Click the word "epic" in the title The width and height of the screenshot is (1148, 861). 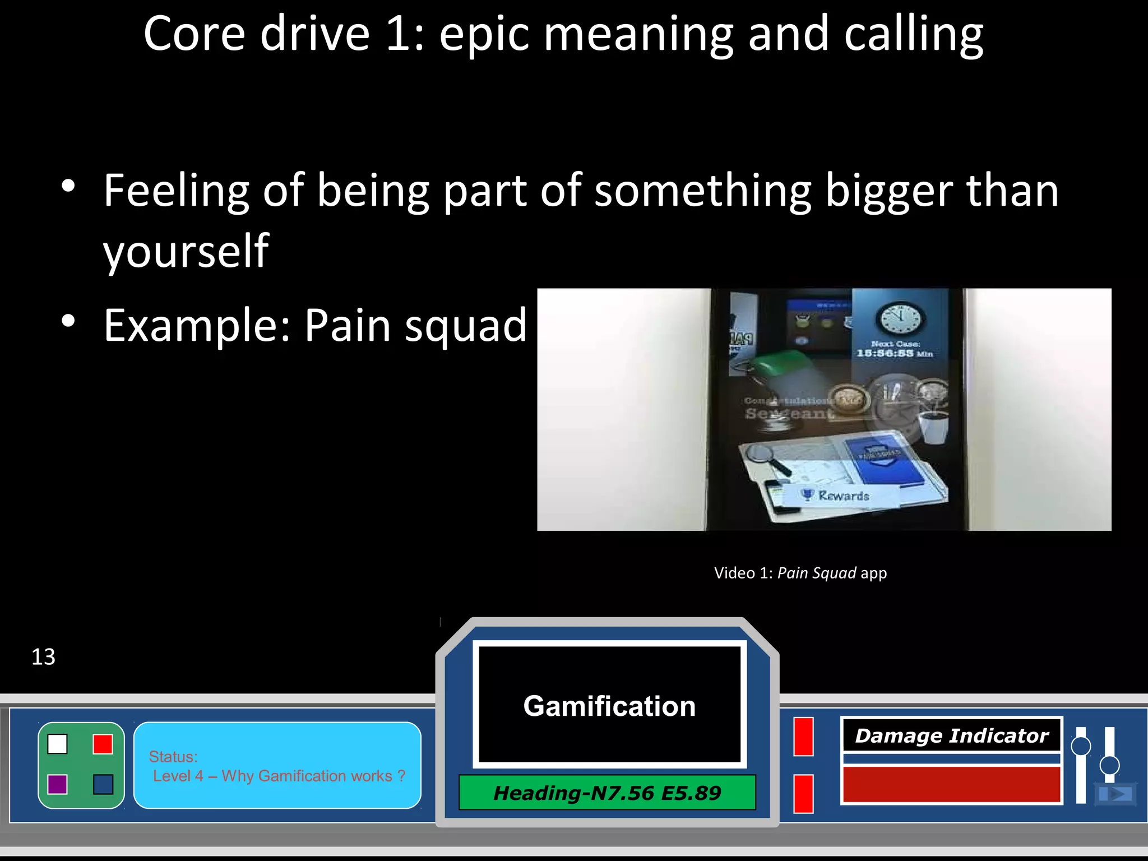click(x=484, y=35)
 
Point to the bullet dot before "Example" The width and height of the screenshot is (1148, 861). click(x=68, y=321)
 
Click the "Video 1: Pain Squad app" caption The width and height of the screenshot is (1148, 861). click(x=800, y=573)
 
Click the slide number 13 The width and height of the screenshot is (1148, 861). click(x=43, y=657)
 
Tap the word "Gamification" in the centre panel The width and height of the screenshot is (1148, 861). click(x=609, y=706)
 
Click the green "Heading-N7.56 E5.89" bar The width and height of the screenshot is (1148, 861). click(x=607, y=793)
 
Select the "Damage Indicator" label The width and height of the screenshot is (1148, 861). click(x=951, y=735)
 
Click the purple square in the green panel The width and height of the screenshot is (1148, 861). click(x=58, y=784)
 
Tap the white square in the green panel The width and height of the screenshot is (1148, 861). click(x=58, y=744)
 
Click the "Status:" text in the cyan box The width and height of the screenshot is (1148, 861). click(x=173, y=757)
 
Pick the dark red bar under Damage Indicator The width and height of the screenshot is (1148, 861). click(x=951, y=784)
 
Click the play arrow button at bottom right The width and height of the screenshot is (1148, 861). click(x=1115, y=794)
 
